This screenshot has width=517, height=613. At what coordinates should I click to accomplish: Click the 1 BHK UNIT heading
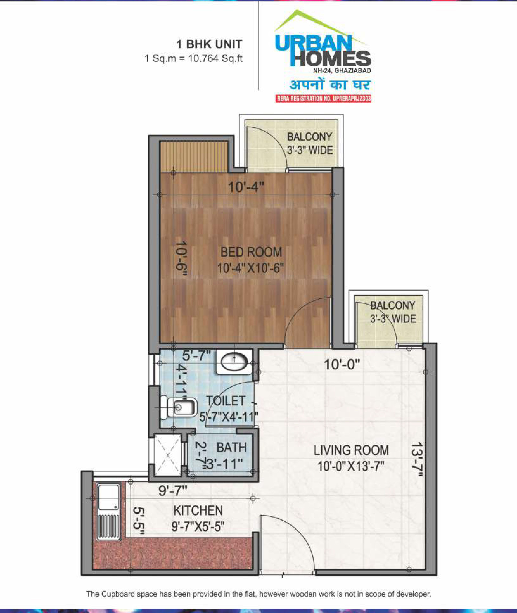209,44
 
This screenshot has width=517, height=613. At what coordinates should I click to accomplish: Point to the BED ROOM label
251,252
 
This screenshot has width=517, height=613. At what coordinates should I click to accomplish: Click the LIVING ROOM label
351,450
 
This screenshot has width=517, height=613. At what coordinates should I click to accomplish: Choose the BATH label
231,447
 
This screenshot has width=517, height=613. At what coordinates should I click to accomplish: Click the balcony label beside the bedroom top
310,143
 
